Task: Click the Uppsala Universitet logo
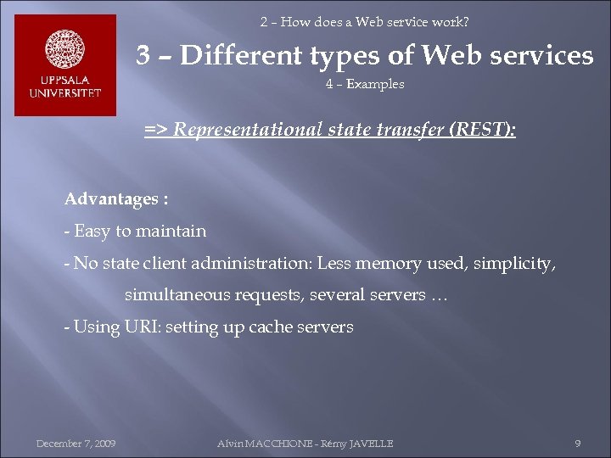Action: [65, 65]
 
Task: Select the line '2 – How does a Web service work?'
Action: [364, 22]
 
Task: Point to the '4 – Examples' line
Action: [364, 84]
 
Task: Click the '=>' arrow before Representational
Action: [155, 130]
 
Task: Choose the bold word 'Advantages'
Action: [110, 199]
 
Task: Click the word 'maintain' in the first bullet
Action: [173, 231]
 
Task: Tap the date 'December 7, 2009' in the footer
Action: [76, 444]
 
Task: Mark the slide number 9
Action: [577, 444]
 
